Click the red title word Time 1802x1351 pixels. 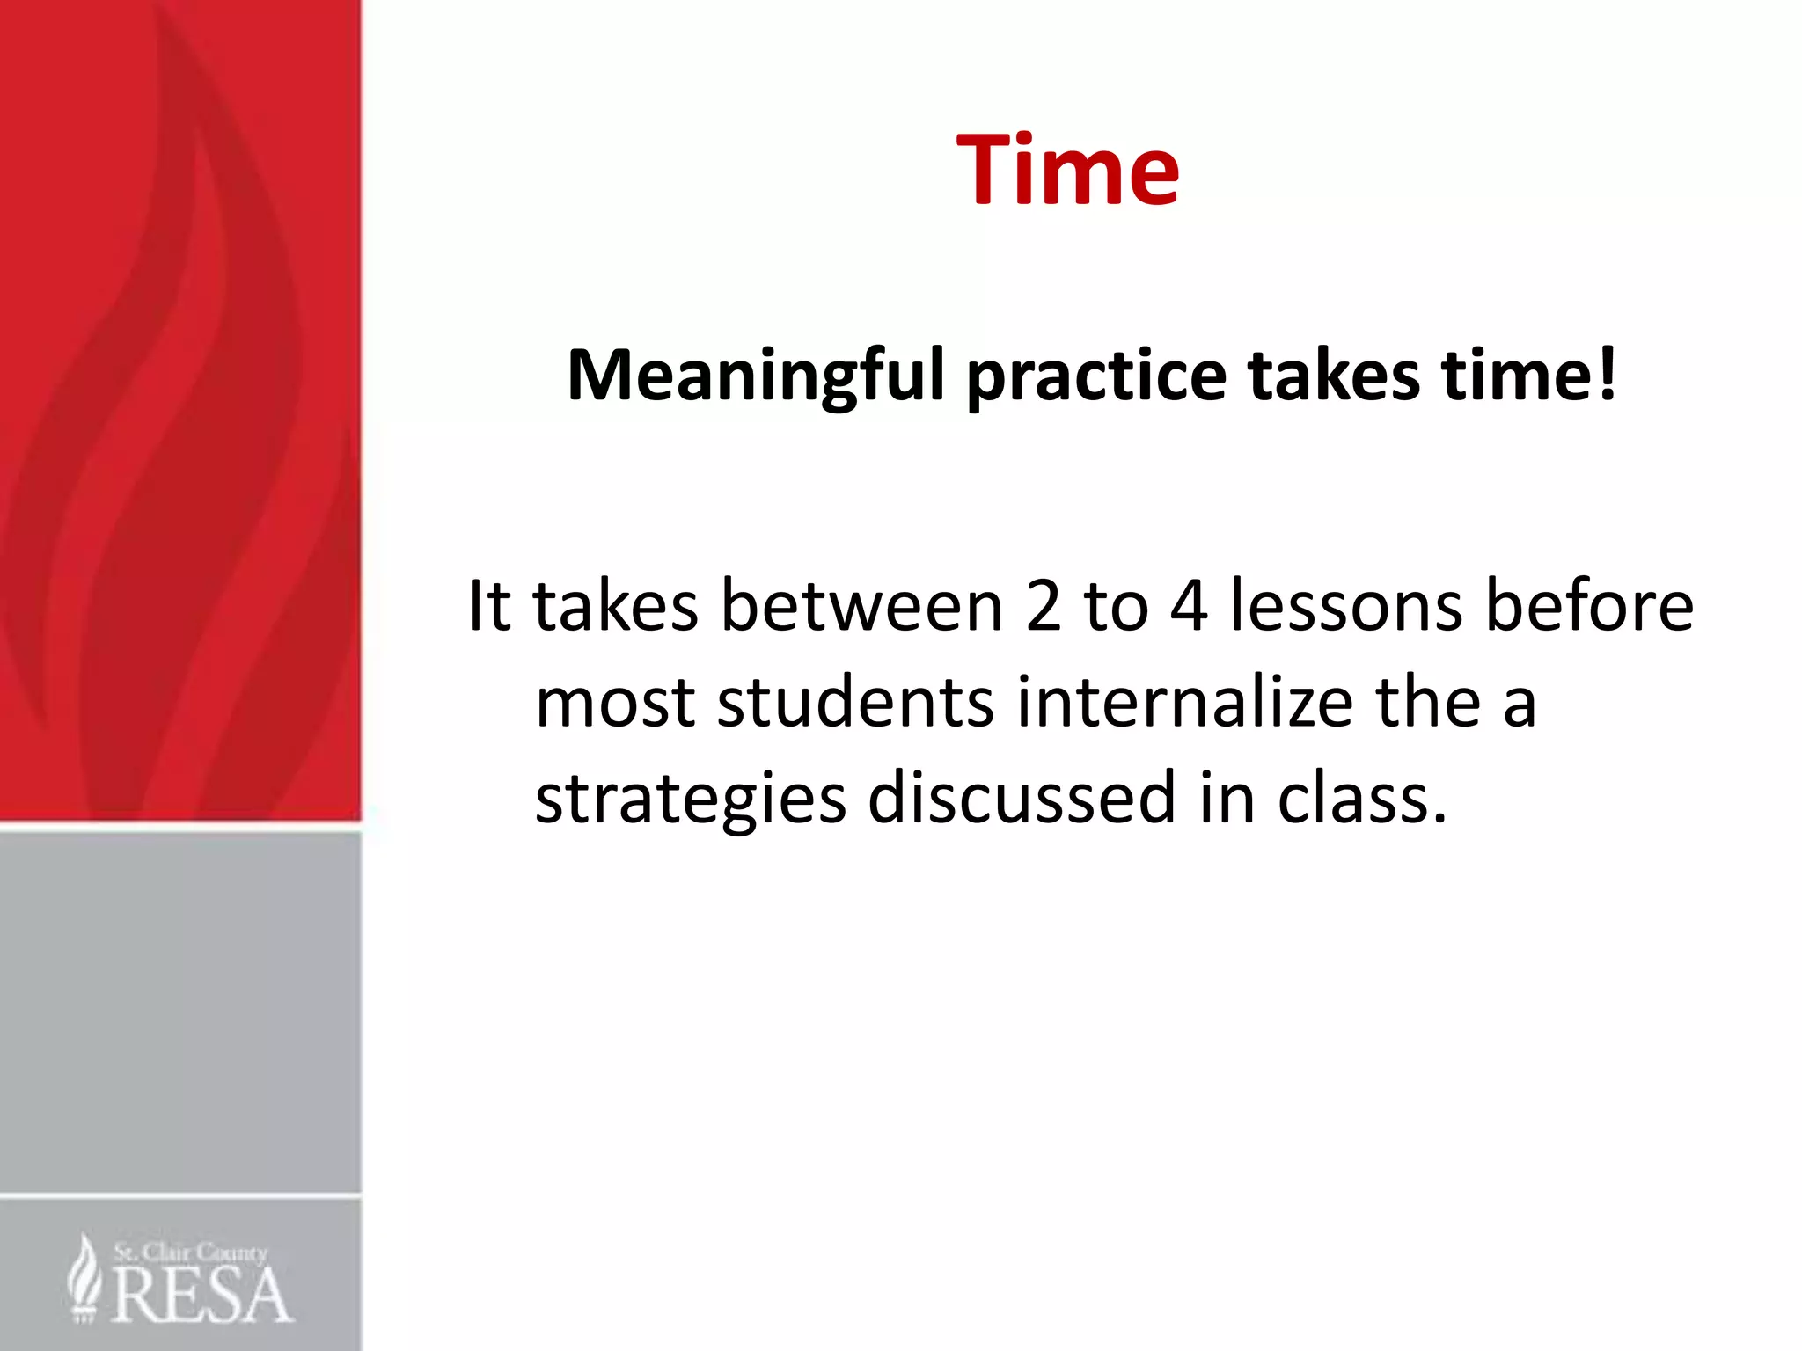pyautogui.click(x=1067, y=170)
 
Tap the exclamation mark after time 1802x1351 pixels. pyautogui.click(x=1607, y=374)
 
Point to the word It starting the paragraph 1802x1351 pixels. pyautogui.click(x=489, y=606)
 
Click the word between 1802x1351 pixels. pyautogui.click(x=862, y=606)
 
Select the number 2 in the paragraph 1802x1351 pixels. pyautogui.click(x=1044, y=606)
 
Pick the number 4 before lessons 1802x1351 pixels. pyautogui.click(x=1189, y=606)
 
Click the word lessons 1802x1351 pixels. pyautogui.click(x=1347, y=606)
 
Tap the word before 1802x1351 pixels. pyautogui.click(x=1589, y=606)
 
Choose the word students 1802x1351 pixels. pyautogui.click(x=855, y=703)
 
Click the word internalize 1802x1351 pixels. pyautogui.click(x=1184, y=703)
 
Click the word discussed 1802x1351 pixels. pyautogui.click(x=1022, y=799)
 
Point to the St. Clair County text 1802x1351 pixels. pyautogui.click(x=190, y=1252)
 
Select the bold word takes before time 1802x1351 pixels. pyautogui.click(x=1333, y=376)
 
